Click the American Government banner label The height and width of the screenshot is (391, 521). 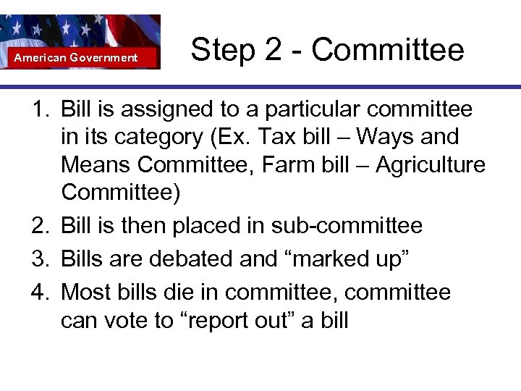click(76, 57)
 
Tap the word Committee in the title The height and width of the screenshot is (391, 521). click(388, 50)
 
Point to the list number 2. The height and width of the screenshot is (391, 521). click(39, 226)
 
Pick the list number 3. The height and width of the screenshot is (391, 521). click(39, 259)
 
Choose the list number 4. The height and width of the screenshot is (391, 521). click(39, 293)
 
